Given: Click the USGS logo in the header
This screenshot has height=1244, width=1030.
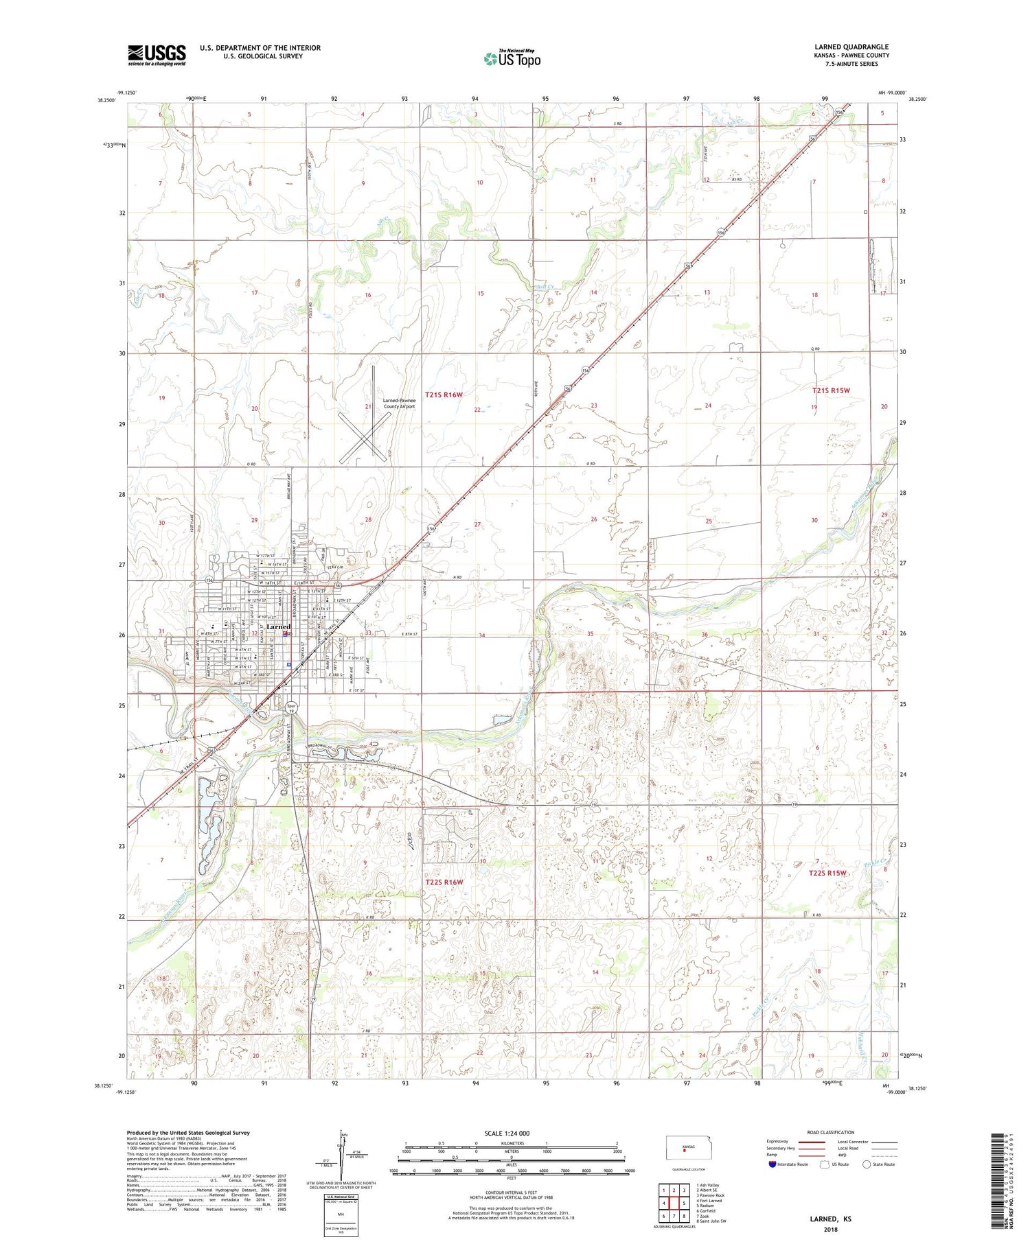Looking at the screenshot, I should click(157, 55).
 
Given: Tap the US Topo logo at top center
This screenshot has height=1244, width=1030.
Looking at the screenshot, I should click(512, 58).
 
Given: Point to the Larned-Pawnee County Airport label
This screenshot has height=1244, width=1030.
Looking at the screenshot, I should click(398, 403).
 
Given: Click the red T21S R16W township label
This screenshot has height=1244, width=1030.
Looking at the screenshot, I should click(444, 395).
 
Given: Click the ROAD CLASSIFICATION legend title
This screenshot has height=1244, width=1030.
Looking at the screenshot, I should click(831, 1132).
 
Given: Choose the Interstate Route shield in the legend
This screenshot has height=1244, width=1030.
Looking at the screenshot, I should click(772, 1164).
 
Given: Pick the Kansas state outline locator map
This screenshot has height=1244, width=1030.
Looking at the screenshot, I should click(685, 1147).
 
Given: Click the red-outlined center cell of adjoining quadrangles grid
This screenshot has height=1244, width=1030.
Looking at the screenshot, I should click(674, 1203).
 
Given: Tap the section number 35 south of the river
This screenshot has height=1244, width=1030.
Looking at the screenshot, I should click(590, 634).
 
